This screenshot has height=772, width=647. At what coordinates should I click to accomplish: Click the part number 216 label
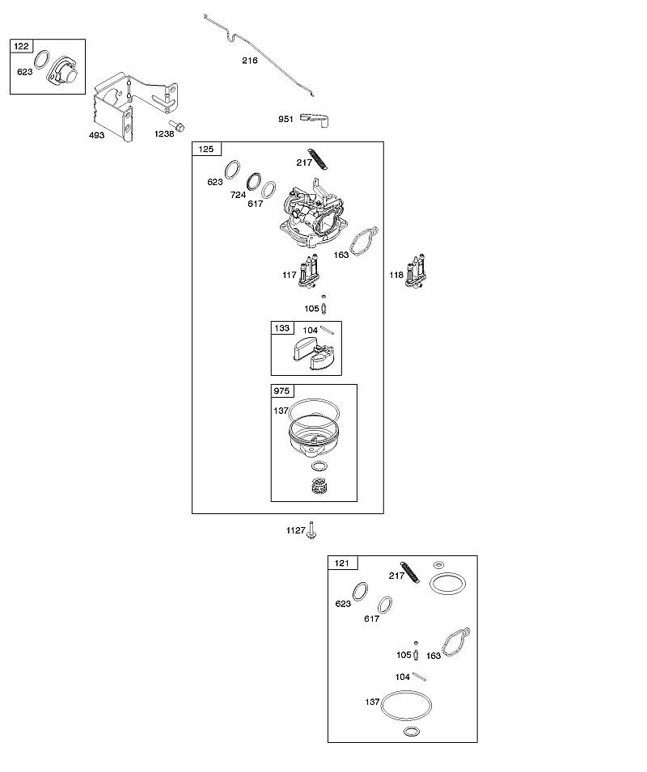[250, 61]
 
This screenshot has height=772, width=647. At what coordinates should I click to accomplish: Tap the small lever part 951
[315, 120]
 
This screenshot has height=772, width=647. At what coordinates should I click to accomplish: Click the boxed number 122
[21, 46]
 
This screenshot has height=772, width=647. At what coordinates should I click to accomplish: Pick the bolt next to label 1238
[177, 125]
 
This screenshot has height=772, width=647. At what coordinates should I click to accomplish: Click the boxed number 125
[206, 149]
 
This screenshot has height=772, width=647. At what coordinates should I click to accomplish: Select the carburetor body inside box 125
[311, 215]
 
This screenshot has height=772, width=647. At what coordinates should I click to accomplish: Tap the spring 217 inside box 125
[318, 159]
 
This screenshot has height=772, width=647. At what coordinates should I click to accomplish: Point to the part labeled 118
[415, 272]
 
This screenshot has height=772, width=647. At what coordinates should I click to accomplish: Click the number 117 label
[290, 275]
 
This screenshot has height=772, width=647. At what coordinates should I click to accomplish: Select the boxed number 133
[282, 328]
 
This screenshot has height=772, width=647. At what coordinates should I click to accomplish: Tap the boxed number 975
[281, 391]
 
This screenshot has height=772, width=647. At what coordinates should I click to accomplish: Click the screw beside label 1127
[311, 529]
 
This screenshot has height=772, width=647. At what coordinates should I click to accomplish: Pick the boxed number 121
[342, 563]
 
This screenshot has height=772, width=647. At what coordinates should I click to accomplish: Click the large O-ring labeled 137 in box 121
[407, 706]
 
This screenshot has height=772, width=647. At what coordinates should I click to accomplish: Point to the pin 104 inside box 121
[420, 677]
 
